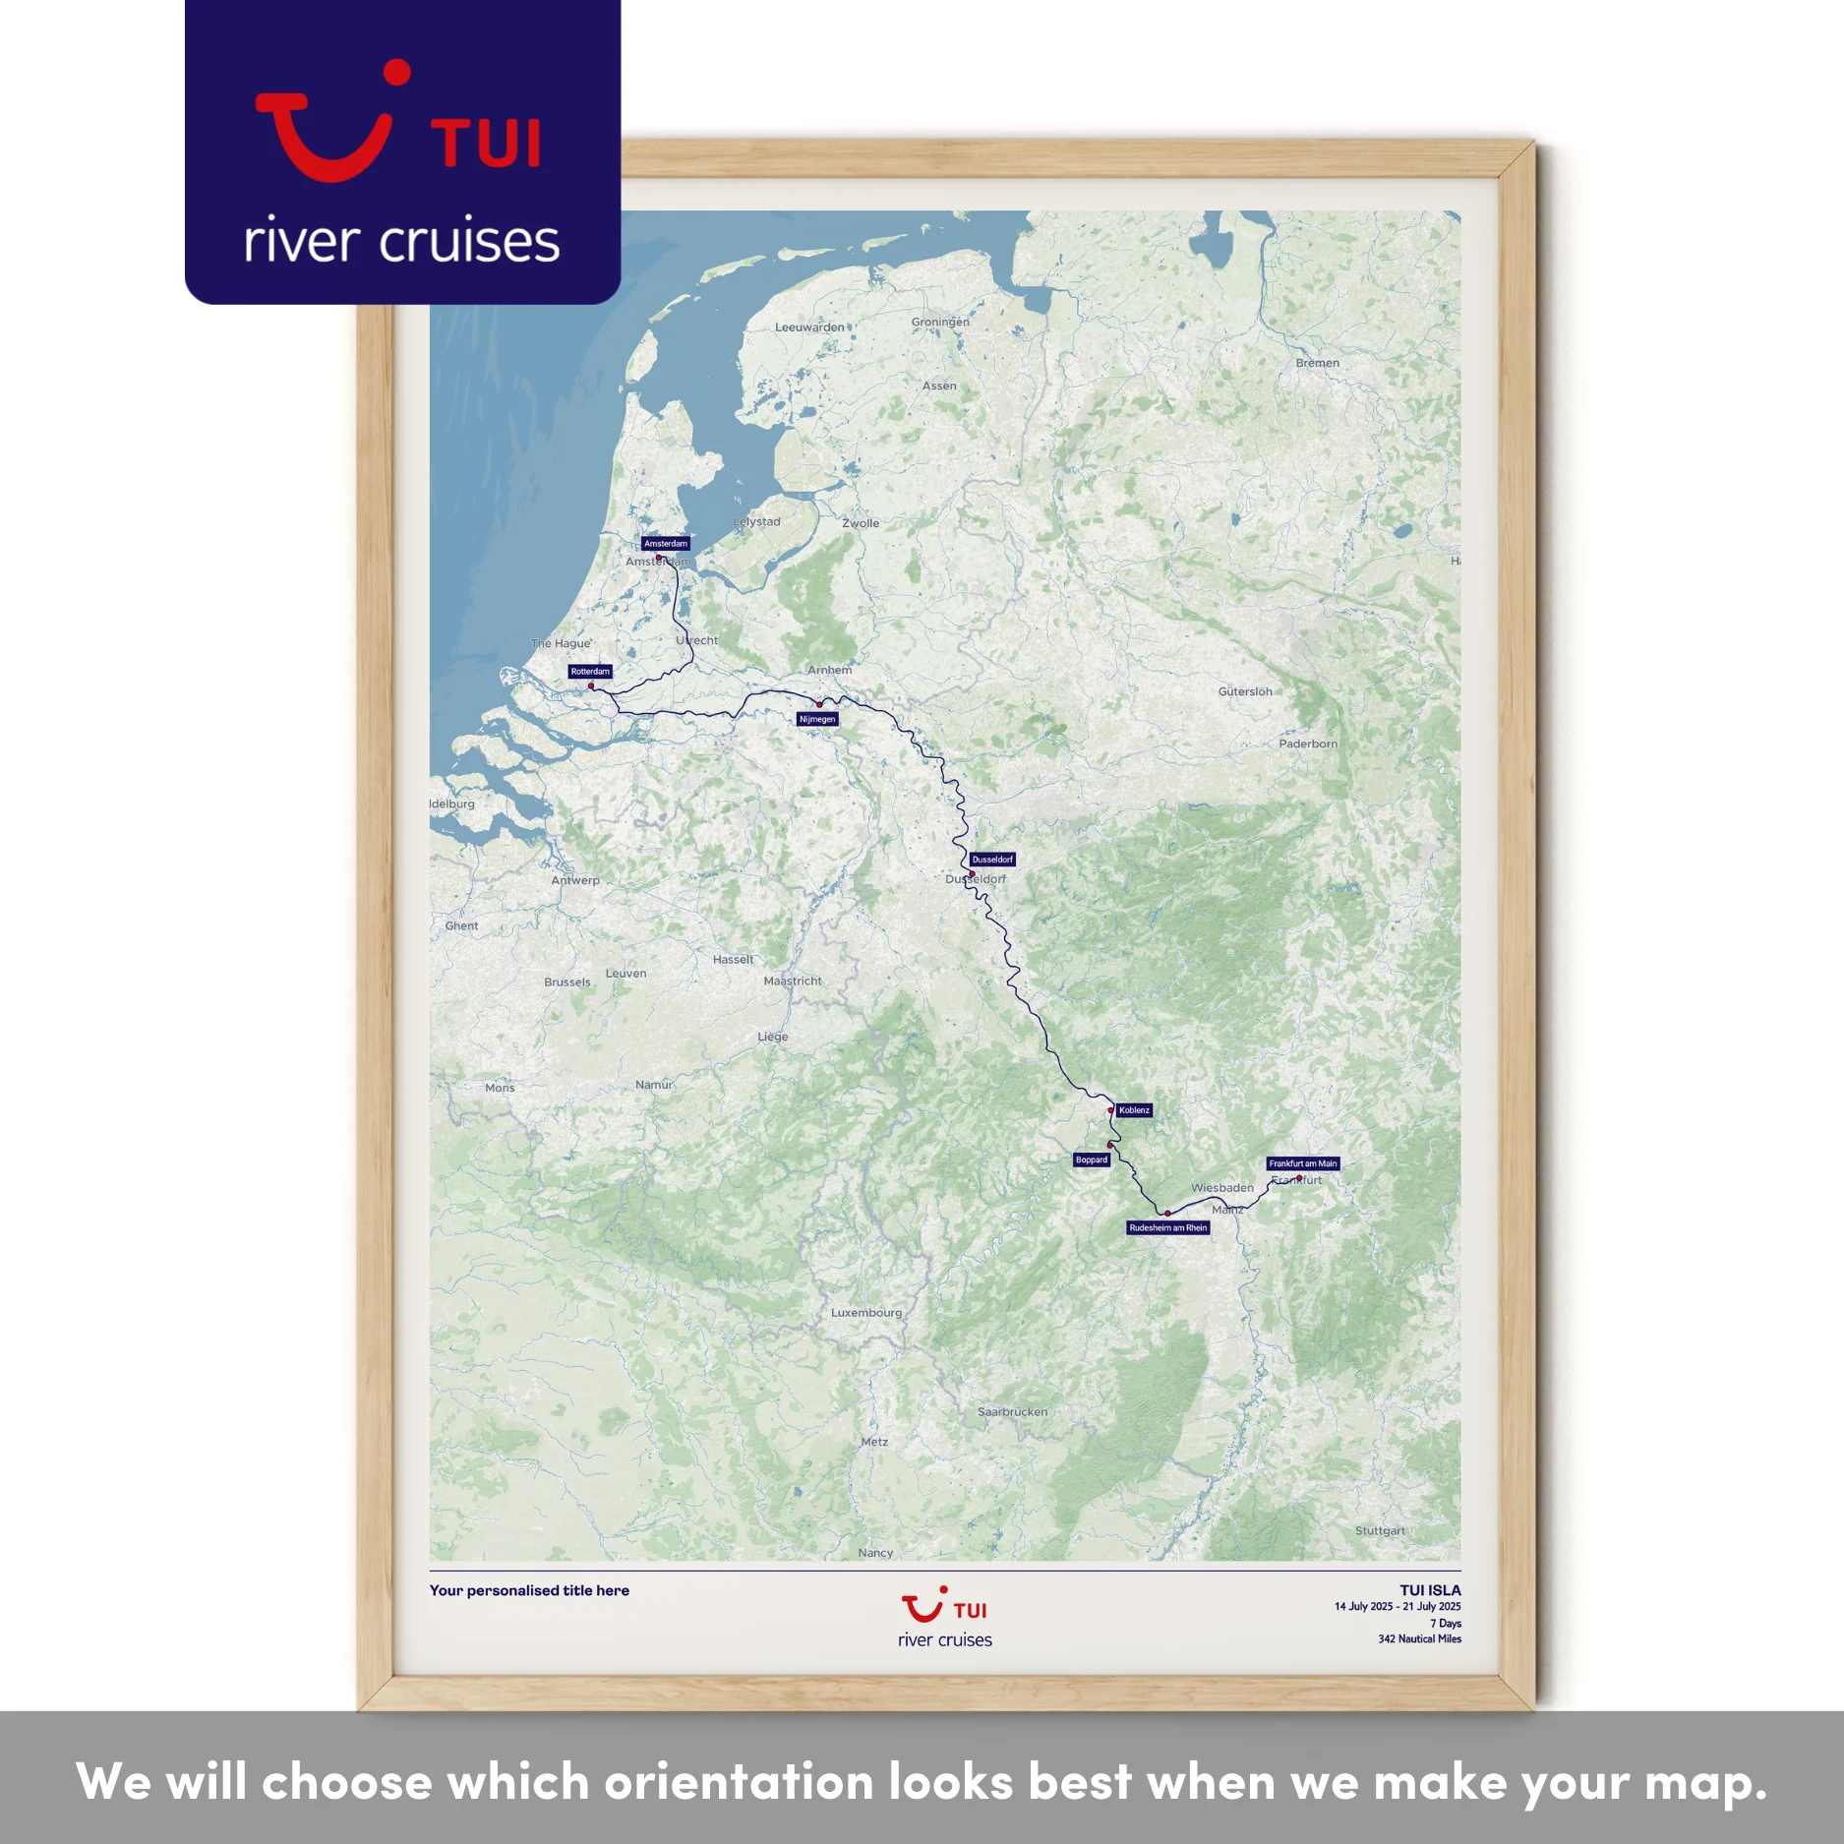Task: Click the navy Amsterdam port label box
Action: click(666, 543)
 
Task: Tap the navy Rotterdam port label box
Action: click(590, 672)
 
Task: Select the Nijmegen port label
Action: click(817, 719)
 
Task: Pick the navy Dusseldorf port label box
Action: click(991, 860)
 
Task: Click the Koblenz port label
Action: click(1134, 1110)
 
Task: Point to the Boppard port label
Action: click(1092, 1160)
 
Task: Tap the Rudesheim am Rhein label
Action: click(1167, 1227)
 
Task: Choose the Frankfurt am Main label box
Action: click(1302, 1163)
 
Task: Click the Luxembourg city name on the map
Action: click(865, 1312)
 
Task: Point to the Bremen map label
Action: click(1317, 363)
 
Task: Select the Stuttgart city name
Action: click(1379, 1530)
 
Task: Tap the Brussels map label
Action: click(567, 981)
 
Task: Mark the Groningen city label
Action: click(939, 322)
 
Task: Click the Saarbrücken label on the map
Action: click(1012, 1411)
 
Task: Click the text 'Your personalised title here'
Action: click(529, 1590)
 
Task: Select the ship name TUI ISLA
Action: click(1430, 1590)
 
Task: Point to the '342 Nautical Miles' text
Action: click(1419, 1638)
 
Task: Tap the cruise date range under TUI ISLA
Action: click(1397, 1607)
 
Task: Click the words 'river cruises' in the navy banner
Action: click(401, 241)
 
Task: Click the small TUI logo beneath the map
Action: click(944, 1610)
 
